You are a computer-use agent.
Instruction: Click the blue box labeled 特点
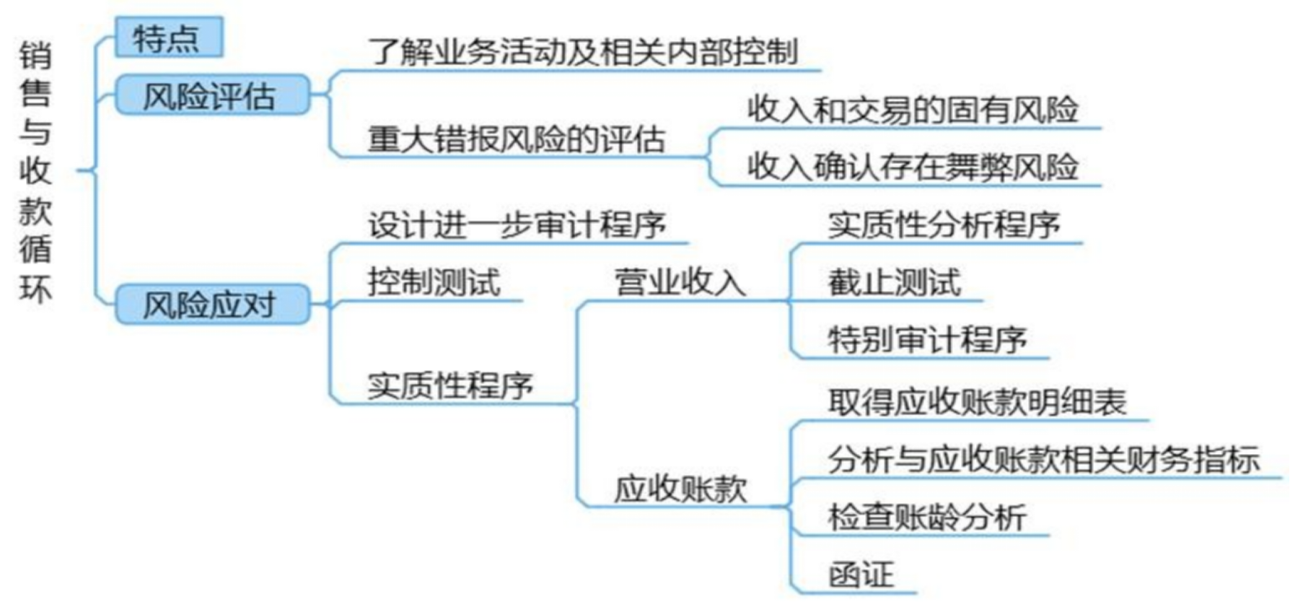pos(168,38)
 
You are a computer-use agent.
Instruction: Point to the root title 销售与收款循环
pos(35,172)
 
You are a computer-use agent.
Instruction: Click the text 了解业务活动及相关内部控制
pos(583,52)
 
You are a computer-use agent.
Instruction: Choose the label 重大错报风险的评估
pos(516,139)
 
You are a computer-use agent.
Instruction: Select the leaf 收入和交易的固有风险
pos(912,110)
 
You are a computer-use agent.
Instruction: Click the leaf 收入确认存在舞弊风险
pos(912,167)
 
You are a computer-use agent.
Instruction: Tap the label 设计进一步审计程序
pos(517,225)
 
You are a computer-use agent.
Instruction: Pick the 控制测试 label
pos(434,282)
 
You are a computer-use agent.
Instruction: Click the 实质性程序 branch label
pos(450,385)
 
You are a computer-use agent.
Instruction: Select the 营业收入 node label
pos(679,282)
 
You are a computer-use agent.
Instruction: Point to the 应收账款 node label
pos(680,489)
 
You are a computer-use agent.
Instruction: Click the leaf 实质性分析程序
pos(944,225)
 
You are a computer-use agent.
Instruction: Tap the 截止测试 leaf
pos(894,282)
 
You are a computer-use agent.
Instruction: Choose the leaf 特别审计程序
pos(927,339)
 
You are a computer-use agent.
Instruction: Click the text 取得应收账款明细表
pos(977,402)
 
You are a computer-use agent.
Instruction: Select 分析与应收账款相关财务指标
pos(1043,460)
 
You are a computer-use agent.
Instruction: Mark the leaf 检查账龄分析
pos(927,518)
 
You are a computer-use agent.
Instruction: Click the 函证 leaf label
pos(861,575)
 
